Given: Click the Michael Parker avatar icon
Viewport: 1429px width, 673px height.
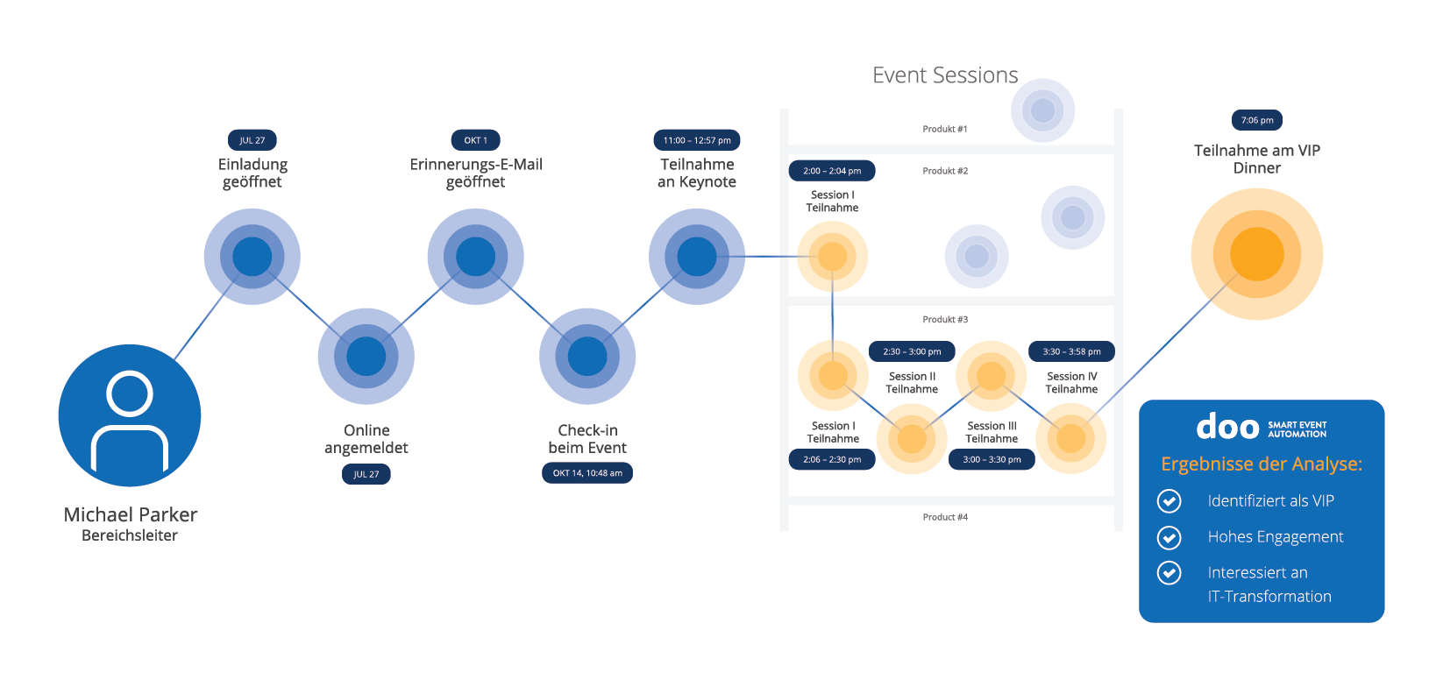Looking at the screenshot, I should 130,415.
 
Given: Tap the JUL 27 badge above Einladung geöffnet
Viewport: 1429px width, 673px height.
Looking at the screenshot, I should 252,140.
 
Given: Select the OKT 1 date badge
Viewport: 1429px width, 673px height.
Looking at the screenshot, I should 475,140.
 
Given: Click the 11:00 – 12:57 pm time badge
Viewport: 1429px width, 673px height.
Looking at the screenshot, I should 697,140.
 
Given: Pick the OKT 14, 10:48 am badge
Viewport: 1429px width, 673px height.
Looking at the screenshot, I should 587,473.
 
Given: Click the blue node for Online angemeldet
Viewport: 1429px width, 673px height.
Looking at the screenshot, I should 366,357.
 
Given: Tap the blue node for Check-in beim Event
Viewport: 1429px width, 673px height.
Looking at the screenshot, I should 587,357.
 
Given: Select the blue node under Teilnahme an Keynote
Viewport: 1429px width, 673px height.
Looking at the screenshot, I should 697,257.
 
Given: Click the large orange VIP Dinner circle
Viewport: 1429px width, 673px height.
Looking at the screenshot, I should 1256,254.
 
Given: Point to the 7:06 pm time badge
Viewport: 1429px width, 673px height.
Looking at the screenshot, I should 1256,120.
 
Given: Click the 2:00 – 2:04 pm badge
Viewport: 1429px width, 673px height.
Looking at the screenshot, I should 832,171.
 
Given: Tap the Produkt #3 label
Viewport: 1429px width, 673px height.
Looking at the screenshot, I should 945,320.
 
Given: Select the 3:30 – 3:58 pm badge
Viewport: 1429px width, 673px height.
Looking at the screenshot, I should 1071,351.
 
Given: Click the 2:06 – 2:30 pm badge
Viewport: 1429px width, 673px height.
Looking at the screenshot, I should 832,459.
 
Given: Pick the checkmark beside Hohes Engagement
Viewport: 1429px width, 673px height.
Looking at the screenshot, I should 1169,537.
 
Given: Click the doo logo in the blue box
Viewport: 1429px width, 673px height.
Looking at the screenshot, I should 1227,428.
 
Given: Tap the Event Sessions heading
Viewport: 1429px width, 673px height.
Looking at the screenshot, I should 945,75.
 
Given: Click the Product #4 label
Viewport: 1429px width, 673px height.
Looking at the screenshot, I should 945,517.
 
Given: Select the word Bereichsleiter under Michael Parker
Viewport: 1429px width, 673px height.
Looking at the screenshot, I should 130,535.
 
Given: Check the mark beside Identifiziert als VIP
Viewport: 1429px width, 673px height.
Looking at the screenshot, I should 1169,501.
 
